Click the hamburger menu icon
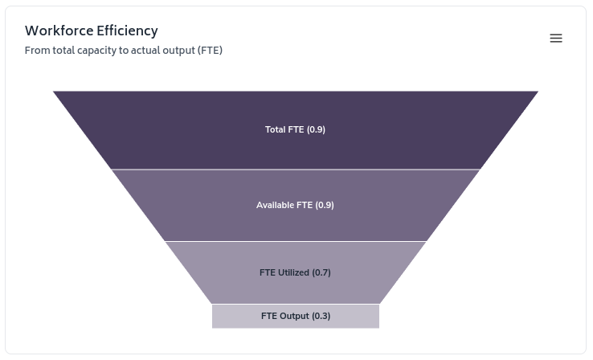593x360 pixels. click(556, 39)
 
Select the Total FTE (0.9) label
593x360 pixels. click(295, 129)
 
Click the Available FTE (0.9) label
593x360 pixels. click(295, 205)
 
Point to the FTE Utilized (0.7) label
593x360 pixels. click(295, 272)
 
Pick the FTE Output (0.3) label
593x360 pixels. click(295, 316)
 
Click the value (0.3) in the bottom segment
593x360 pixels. click(321, 316)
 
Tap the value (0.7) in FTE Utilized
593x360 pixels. click(321, 272)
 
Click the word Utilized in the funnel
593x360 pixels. click(294, 272)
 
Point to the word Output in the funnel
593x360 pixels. click(294, 316)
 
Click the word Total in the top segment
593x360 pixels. click(275, 129)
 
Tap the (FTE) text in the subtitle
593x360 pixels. click(210, 51)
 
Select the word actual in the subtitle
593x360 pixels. click(150, 51)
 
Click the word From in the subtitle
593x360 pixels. click(37, 51)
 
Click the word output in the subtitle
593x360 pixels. click(182, 51)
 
